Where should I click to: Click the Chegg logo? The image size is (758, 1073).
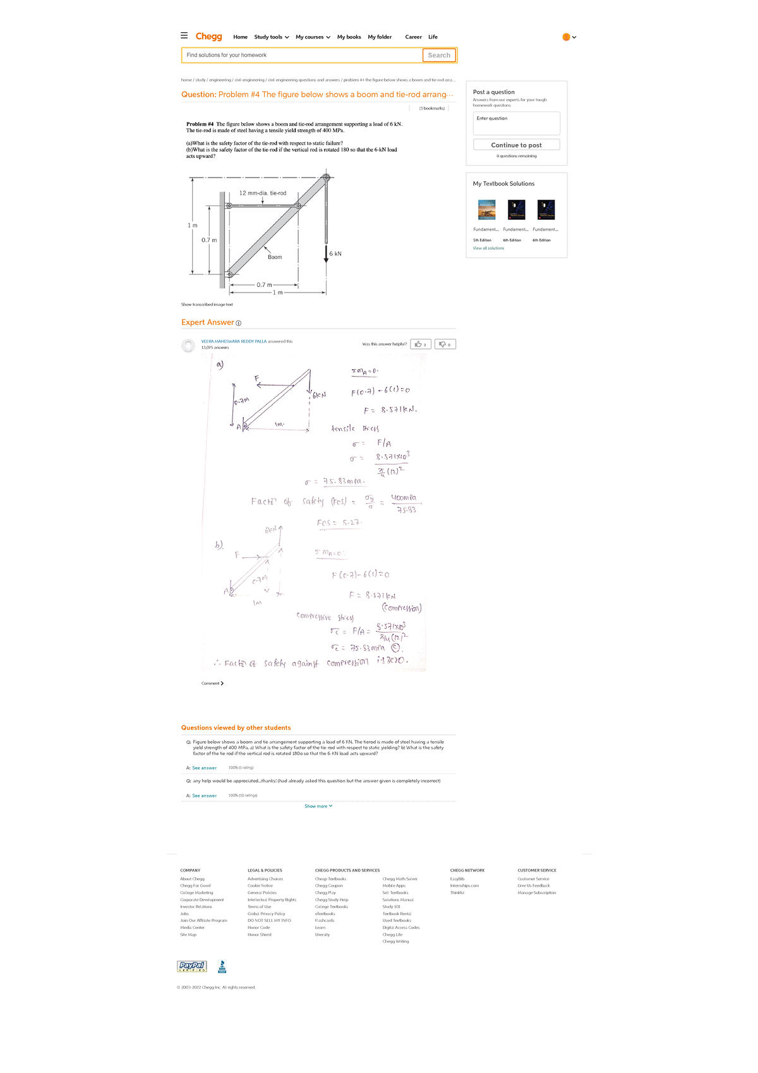click(x=208, y=37)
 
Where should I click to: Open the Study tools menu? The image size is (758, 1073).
click(x=271, y=37)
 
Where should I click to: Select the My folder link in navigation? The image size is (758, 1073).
click(x=380, y=37)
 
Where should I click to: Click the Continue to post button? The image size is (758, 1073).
click(x=516, y=145)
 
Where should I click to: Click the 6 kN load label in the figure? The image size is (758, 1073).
click(x=335, y=254)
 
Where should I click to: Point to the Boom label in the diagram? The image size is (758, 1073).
click(x=275, y=257)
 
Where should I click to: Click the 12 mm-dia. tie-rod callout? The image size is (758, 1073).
click(x=263, y=193)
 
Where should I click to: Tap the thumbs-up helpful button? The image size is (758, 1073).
click(x=421, y=344)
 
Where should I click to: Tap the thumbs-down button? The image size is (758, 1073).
click(x=445, y=344)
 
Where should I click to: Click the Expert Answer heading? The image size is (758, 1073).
click(x=208, y=322)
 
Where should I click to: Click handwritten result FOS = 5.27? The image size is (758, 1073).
click(x=339, y=523)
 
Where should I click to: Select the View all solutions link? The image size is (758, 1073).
click(x=488, y=248)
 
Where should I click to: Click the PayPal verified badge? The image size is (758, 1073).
click(x=191, y=966)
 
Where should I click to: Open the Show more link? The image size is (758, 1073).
click(x=318, y=806)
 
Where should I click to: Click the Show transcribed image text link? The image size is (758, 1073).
click(x=207, y=305)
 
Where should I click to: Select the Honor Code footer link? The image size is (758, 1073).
click(x=258, y=928)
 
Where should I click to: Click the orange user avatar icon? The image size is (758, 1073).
click(x=566, y=37)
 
